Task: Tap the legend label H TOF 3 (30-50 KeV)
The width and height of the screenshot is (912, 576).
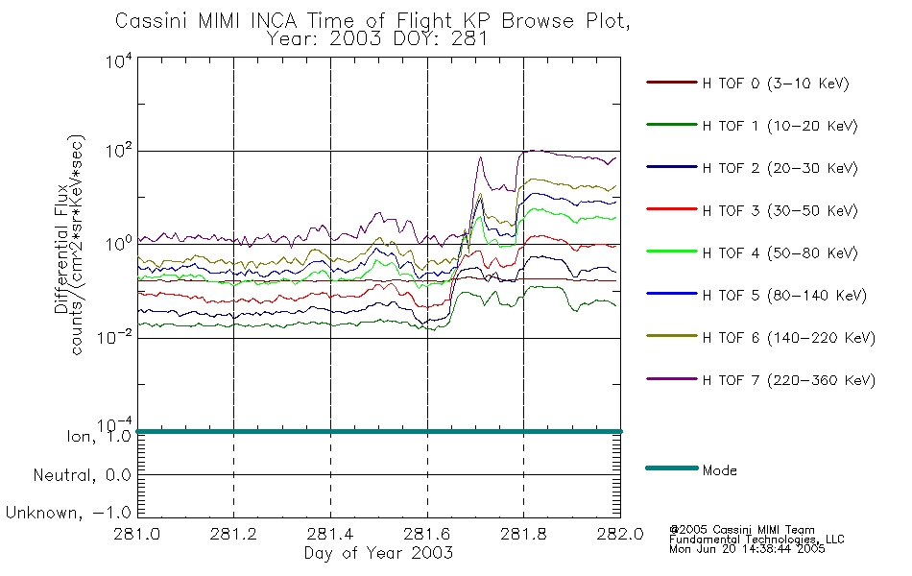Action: [x=780, y=210]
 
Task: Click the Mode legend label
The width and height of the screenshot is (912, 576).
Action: [x=719, y=470]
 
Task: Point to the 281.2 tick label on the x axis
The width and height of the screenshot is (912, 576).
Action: [x=233, y=534]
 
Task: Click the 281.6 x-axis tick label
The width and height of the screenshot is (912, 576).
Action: [x=427, y=534]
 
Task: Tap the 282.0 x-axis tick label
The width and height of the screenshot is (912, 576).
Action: [x=620, y=534]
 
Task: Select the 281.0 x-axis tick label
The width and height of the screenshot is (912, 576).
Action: [x=136, y=534]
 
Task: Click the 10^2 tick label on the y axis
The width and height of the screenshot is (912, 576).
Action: [x=118, y=152]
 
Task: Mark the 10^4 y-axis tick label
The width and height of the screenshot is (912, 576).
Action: [x=118, y=60]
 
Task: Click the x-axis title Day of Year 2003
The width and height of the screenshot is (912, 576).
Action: [x=378, y=553]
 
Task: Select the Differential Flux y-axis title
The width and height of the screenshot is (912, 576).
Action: [x=61, y=249]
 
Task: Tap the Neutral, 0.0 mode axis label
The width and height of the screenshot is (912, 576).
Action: [x=82, y=475]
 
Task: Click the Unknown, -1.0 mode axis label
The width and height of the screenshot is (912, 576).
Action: [x=68, y=513]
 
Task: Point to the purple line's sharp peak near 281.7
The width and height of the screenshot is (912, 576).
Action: [x=480, y=157]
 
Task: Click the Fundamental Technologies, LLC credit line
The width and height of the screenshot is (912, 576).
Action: [x=756, y=540]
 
